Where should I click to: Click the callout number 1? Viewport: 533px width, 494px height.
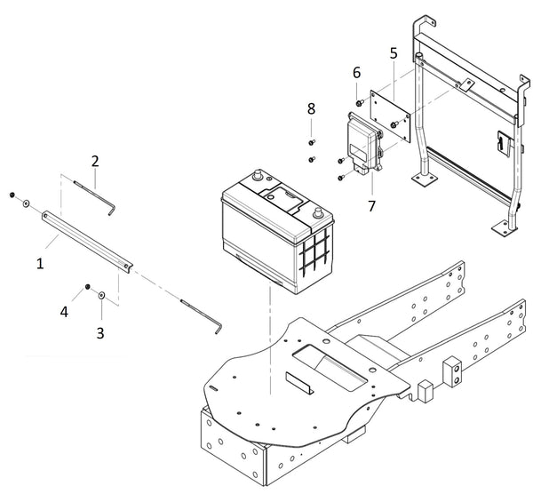(39, 264)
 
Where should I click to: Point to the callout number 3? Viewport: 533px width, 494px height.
(100, 332)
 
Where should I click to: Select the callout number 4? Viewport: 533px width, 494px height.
(63, 312)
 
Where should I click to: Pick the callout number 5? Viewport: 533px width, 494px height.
(394, 53)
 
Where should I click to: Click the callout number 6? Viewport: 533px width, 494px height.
(356, 71)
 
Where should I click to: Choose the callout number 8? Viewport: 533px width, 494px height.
(311, 108)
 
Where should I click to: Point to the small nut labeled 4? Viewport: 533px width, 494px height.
(88, 286)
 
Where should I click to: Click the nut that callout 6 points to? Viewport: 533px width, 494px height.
(359, 104)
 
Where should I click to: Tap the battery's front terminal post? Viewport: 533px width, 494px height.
(316, 213)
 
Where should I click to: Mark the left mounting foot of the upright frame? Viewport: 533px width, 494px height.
(425, 181)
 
